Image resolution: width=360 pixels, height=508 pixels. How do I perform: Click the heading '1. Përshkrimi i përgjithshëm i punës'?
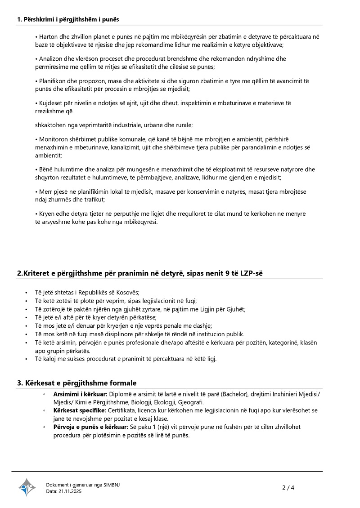[68, 19]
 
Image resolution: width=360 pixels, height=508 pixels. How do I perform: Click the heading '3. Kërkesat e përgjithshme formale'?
[76, 383]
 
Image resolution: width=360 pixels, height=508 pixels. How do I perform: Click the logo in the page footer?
[27, 487]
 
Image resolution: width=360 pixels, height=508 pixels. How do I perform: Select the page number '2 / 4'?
[288, 487]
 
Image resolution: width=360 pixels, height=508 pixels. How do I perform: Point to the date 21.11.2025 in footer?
[70, 491]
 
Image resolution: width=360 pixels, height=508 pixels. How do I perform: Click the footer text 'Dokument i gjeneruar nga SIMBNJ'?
[83, 485]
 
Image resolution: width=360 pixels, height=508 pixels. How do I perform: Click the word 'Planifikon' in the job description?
[54, 81]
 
